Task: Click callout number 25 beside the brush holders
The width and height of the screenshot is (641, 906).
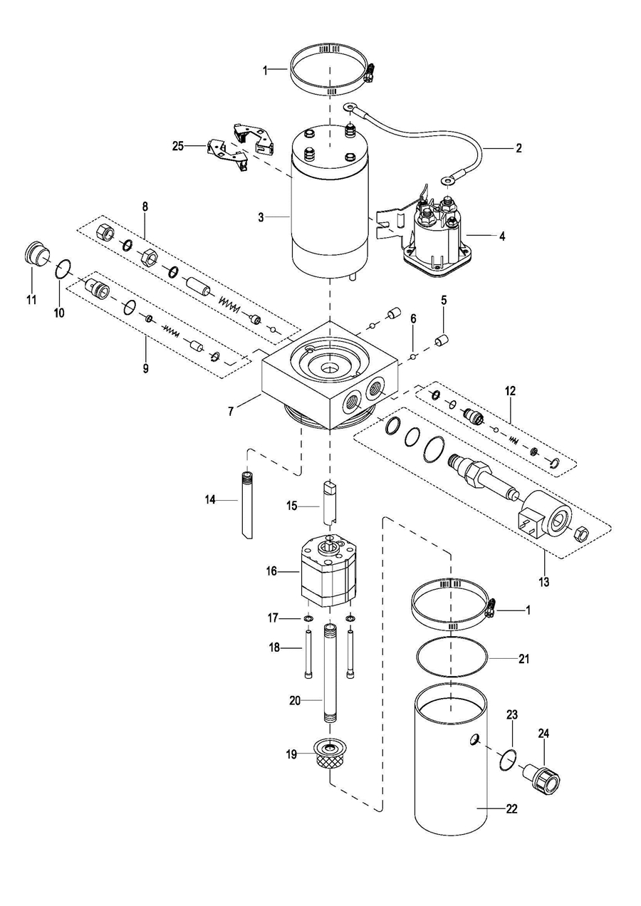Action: pos(178,146)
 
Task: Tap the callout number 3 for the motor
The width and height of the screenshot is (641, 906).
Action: pos(261,217)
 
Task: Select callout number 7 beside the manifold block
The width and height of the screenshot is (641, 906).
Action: pos(231,412)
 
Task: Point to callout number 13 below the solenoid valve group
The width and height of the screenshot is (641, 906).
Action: pos(544,582)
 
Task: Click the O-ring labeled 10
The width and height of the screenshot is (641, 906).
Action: pos(63,269)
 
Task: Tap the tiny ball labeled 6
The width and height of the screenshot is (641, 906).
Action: pos(413,356)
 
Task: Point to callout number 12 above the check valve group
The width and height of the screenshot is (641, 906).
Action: pos(510,391)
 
